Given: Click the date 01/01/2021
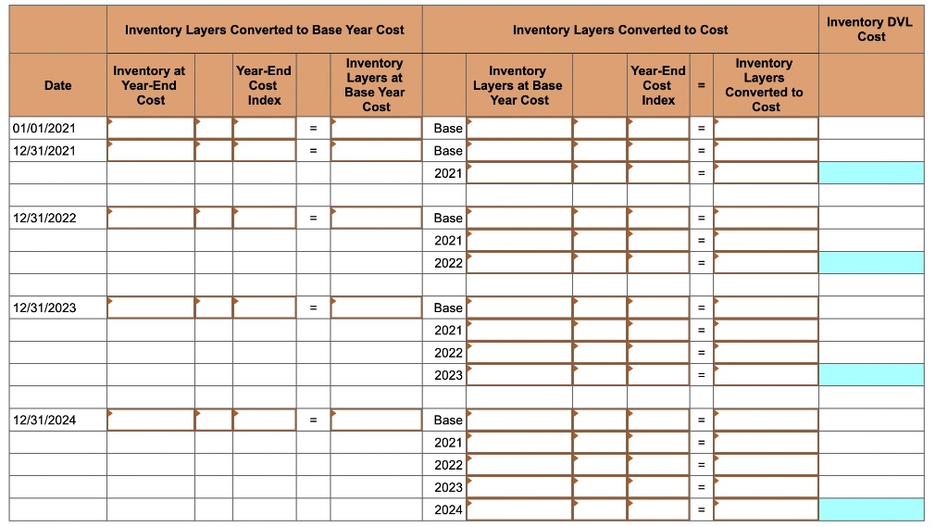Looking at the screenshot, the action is point(43,128).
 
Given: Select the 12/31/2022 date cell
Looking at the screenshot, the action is point(43,218).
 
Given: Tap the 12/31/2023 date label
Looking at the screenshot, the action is point(43,307).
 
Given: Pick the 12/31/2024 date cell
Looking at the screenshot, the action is point(43,420).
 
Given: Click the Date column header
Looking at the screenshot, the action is point(57,85).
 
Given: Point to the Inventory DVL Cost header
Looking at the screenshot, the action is point(870,29).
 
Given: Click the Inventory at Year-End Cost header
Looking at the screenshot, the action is point(150,85).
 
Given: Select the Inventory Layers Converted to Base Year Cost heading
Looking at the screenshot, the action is point(264,30).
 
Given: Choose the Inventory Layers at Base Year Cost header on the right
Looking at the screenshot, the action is point(518,85).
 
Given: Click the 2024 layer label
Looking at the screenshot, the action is point(448,509).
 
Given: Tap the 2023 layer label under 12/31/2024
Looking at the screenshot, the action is point(448,487).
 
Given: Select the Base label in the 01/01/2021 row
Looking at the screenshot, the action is point(448,128).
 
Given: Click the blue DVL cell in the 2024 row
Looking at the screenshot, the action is point(871,509).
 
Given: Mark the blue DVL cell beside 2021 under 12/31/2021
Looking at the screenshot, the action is point(871,173).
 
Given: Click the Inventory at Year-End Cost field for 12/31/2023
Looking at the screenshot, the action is point(150,307).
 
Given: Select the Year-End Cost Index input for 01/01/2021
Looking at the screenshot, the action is point(264,128).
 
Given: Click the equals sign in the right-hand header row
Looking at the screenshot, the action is point(701,85).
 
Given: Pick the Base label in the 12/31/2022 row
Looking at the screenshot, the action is point(448,218).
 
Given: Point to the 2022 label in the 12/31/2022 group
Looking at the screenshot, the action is point(448,263).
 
